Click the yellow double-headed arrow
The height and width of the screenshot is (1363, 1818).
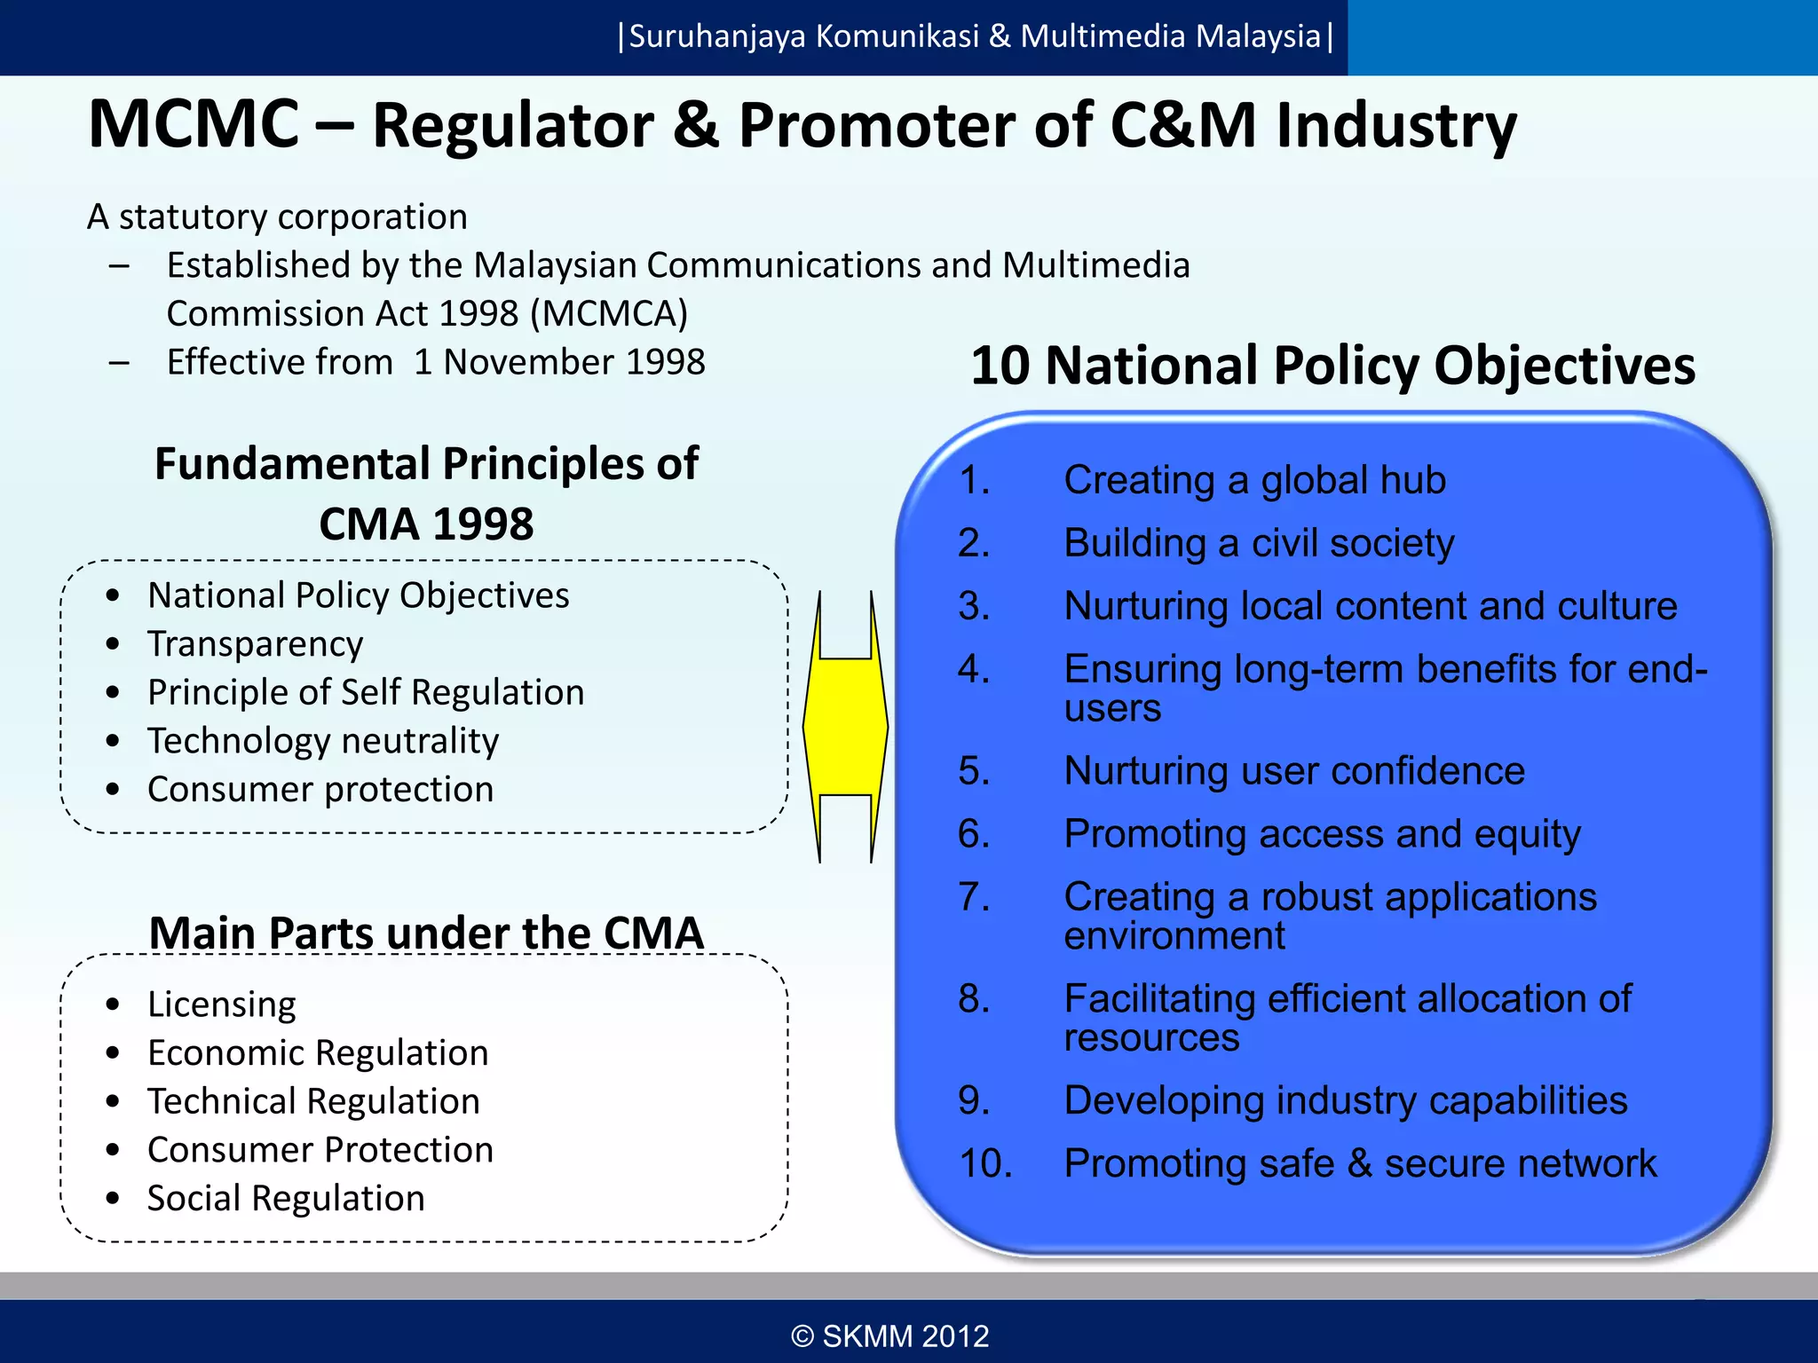[x=845, y=726]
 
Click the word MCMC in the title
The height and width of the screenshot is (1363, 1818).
[x=194, y=124]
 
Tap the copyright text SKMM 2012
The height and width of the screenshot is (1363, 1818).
[x=890, y=1335]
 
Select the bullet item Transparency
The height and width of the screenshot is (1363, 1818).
[x=255, y=644]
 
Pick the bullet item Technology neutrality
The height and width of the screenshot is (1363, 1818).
[x=323, y=741]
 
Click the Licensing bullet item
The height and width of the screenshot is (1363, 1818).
[x=222, y=1005]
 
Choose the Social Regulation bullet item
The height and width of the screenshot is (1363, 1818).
[x=286, y=1198]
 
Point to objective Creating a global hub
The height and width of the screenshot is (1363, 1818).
[x=1254, y=480]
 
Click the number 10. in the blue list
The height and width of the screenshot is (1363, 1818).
[x=985, y=1163]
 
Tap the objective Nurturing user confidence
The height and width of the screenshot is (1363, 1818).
[x=1293, y=770]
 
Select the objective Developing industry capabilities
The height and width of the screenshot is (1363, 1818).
[x=1345, y=1100]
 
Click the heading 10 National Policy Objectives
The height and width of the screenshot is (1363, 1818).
[x=1332, y=366]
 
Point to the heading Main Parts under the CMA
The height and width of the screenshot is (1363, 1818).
[x=426, y=933]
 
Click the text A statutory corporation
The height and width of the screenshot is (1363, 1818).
[x=277, y=217]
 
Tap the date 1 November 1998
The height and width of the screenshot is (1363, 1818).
[x=559, y=362]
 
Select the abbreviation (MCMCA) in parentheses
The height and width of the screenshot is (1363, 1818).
[x=609, y=314]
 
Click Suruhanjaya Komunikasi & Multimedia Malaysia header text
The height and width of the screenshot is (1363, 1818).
[x=975, y=36]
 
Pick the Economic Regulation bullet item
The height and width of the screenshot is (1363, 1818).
[x=318, y=1053]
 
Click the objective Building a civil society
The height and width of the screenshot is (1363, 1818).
[x=1259, y=543]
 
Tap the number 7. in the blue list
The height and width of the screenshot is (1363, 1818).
[x=974, y=897]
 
